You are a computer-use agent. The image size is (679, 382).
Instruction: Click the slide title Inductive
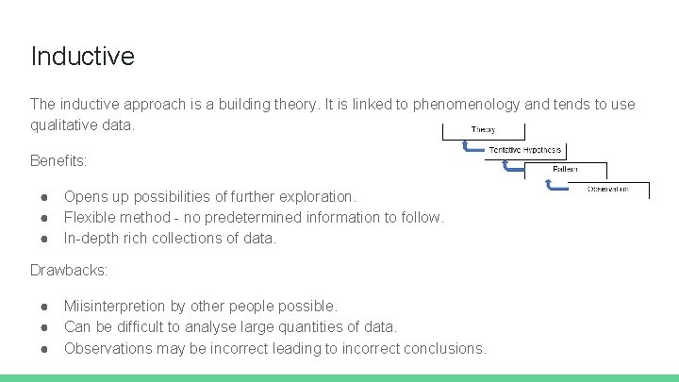point(82,56)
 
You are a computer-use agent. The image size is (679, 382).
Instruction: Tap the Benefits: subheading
point(58,160)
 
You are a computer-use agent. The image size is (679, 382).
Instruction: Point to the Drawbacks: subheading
point(69,271)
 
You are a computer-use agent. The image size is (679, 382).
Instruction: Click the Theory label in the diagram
point(483,130)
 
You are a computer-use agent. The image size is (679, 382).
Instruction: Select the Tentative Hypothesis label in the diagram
point(525,150)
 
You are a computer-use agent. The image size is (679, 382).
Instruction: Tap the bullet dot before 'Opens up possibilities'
point(44,197)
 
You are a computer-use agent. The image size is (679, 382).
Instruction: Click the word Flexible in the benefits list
point(91,217)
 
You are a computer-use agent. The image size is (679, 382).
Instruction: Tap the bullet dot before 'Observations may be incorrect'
point(44,348)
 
